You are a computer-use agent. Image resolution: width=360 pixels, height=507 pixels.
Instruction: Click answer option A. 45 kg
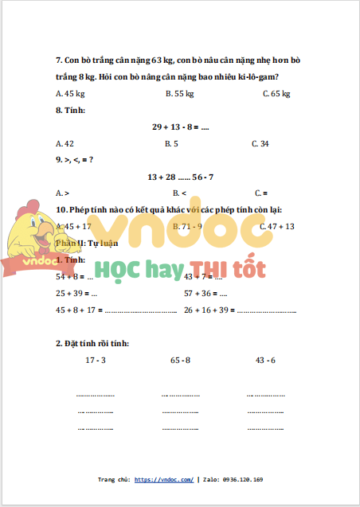point(70,94)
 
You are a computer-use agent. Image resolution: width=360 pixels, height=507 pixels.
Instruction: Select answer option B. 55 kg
point(179,94)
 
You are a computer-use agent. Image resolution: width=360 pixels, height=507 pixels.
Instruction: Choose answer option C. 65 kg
point(276,94)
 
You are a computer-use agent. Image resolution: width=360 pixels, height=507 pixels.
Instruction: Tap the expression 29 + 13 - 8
point(180,127)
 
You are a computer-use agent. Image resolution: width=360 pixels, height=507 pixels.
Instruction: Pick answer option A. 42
point(65,144)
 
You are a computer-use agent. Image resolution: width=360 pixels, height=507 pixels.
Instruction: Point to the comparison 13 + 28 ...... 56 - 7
point(180,176)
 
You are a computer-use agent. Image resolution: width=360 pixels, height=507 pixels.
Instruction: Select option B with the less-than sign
point(179,193)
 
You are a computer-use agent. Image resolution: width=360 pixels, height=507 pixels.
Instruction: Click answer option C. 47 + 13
point(278,227)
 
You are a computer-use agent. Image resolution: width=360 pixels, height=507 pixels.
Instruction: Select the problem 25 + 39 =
point(70,293)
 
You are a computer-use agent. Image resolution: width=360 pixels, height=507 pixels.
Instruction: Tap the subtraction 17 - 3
point(96,361)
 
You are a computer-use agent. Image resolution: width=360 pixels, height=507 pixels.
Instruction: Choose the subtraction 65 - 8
point(180,361)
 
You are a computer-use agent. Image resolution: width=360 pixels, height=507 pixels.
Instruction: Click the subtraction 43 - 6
point(265,361)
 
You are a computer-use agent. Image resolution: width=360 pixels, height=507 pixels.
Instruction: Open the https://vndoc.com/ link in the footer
point(163,480)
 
